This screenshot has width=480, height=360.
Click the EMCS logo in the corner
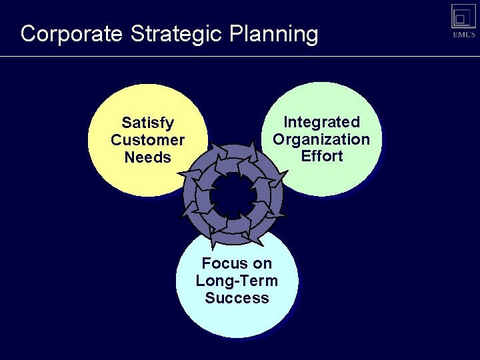click(463, 21)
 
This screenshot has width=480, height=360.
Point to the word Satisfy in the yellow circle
click(147, 123)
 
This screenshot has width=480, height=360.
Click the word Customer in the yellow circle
click(147, 140)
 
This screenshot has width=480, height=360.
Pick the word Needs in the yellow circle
click(147, 157)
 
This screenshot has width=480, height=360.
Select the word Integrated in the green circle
click(321, 122)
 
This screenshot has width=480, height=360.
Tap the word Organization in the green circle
click(321, 139)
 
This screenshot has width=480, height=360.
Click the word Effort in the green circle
click(321, 156)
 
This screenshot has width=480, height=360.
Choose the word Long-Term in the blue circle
click(237, 281)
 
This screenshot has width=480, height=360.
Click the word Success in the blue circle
click(237, 298)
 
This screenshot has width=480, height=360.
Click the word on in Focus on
click(261, 263)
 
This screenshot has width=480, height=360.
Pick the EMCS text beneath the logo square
click(463, 35)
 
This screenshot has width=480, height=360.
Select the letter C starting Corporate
click(28, 34)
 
